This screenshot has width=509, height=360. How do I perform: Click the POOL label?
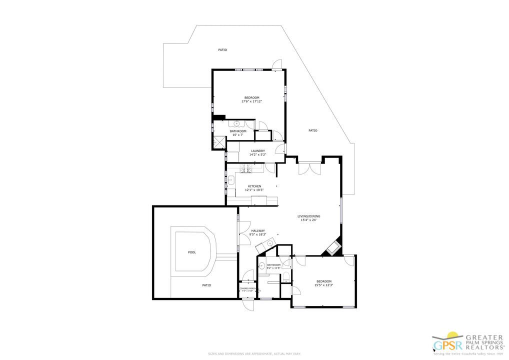192,252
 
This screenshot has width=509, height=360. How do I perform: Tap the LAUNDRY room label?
258,150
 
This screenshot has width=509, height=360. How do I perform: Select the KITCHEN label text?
254,186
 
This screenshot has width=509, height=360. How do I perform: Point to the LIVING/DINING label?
310,216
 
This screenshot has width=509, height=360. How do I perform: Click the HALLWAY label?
258,230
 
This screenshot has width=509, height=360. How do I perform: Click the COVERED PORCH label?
248,288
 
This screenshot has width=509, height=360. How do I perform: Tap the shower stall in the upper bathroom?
219,141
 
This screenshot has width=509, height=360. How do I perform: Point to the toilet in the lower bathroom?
285,276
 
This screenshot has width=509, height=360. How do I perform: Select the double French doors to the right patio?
310,168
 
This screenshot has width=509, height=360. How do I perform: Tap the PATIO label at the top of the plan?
222,50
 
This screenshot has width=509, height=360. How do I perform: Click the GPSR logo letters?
442,345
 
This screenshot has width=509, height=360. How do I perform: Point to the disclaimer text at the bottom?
254,354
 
